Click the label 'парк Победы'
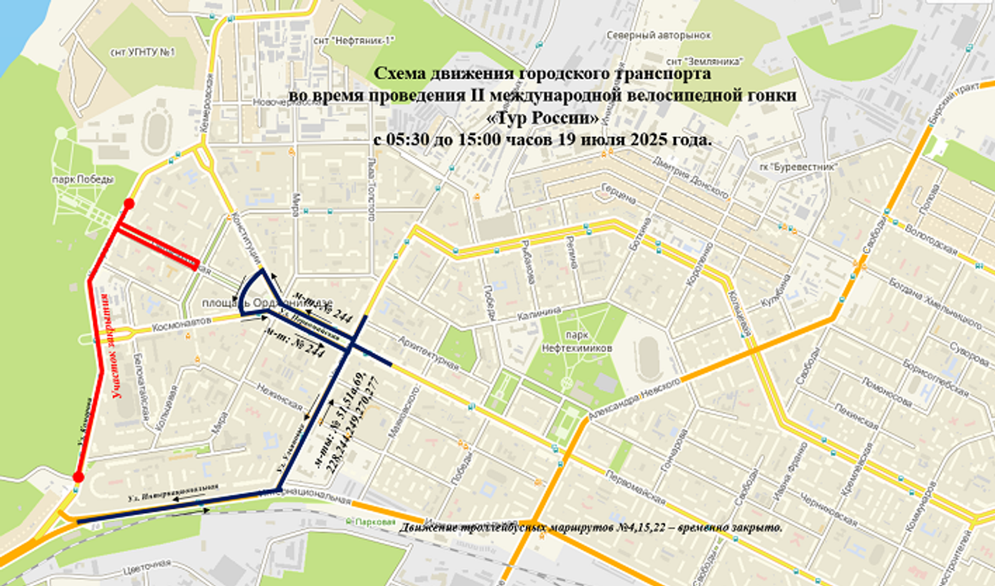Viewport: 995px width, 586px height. coord(83,180)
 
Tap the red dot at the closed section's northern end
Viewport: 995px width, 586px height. coord(129,203)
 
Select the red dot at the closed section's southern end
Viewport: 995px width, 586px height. coord(78,477)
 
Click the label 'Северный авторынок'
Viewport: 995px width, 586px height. coord(659,35)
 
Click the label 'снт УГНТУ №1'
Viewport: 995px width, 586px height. coord(143,52)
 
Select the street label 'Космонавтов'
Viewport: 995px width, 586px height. coord(182,324)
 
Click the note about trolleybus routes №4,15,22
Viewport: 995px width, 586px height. coord(591,528)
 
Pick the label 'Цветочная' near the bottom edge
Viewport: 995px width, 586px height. coord(147,565)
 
